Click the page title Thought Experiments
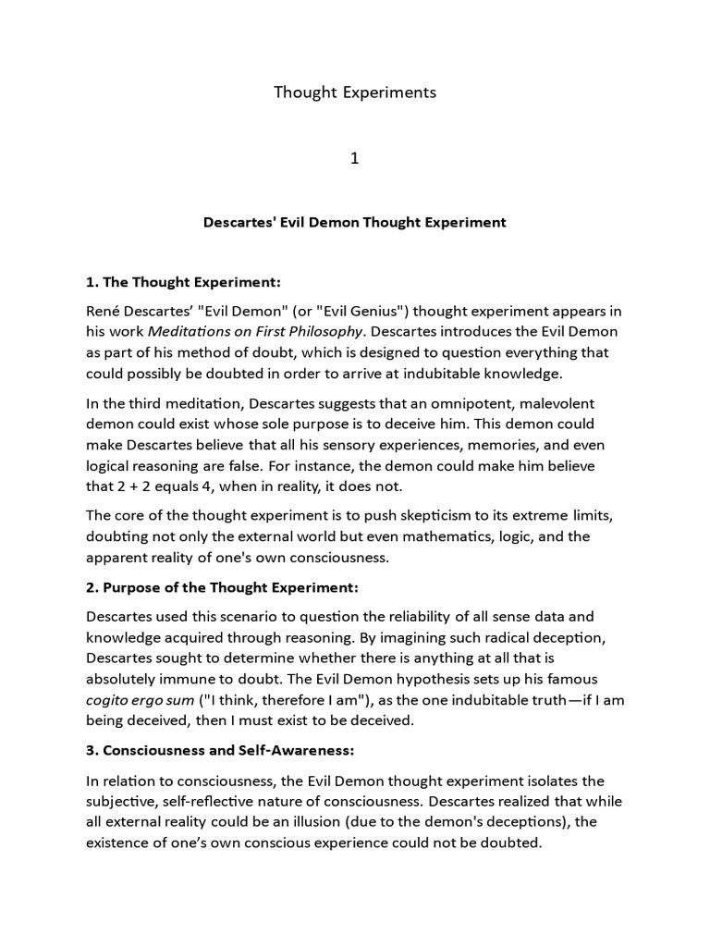pyautogui.click(x=354, y=92)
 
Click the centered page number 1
pyautogui.click(x=354, y=158)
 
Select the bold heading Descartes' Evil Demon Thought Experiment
pyautogui.click(x=354, y=223)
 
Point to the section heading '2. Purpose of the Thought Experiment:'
pyautogui.click(x=222, y=588)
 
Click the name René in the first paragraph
pyautogui.click(x=106, y=309)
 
